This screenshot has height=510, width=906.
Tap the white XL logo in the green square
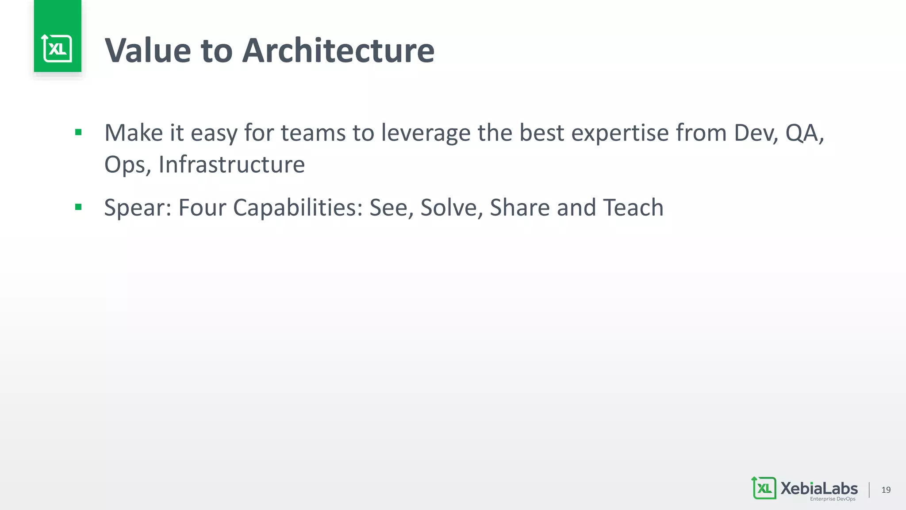tap(58, 48)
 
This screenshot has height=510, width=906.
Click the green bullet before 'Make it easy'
tap(78, 132)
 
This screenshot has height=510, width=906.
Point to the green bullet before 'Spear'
tap(78, 207)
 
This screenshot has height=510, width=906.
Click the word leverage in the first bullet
tap(426, 133)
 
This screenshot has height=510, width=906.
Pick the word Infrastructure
tap(231, 165)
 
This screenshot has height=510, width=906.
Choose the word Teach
tap(633, 208)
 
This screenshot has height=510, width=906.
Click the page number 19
tap(886, 490)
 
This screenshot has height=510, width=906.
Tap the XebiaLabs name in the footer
tap(819, 488)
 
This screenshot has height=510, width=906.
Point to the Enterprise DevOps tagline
tap(833, 499)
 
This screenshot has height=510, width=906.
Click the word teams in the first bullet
tap(313, 133)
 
